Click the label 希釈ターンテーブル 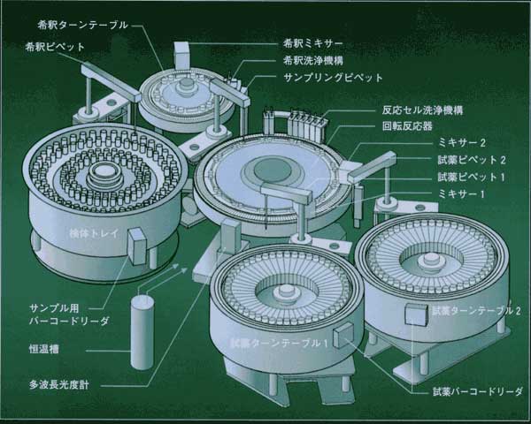pos(83,26)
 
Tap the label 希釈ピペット pos(55,47)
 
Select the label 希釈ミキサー pos(313,43)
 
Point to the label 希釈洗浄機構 pos(313,61)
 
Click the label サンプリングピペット pos(333,78)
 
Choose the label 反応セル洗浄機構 pos(422,110)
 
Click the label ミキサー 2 pos(462,143)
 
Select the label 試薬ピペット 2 pos(472,160)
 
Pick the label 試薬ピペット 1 pos(471,177)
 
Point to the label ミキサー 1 pos(461,194)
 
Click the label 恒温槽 pos(44,349)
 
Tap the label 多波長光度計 pos(59,385)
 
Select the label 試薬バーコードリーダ pos(478,392)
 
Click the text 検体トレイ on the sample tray pos(94,233)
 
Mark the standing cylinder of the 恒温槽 pos(142,332)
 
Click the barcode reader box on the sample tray pos(137,246)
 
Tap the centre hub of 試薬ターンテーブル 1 pos(285,292)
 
